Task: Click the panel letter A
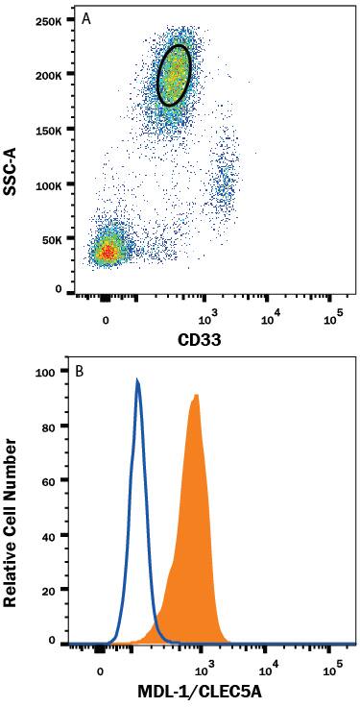(86, 18)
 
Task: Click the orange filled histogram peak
(196, 396)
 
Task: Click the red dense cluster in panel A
(108, 252)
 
